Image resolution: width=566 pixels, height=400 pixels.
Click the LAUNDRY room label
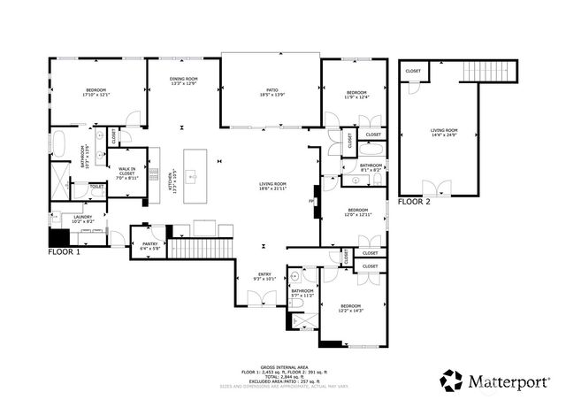tap(83, 218)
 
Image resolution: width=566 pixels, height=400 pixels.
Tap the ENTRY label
tap(264, 275)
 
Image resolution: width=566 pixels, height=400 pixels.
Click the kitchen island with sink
tap(200, 177)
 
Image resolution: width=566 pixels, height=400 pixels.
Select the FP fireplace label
tap(311, 201)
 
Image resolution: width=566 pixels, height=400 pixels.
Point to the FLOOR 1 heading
tap(65, 252)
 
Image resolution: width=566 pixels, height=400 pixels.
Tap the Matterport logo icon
tap(452, 381)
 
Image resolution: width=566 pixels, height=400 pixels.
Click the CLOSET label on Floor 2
tap(413, 70)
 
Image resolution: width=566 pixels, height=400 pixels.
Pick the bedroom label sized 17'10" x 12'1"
tap(96, 92)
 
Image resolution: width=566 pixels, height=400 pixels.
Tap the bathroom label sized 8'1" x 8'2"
tap(371, 167)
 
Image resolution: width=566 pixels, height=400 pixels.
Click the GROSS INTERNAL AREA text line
tap(284, 365)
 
